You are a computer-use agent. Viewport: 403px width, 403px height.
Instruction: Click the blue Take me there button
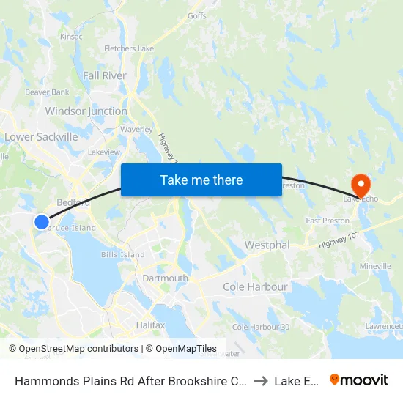coord(202,180)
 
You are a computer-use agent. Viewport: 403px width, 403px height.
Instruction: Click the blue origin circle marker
coord(42,221)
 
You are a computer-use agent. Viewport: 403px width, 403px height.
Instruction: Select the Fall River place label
coord(105,75)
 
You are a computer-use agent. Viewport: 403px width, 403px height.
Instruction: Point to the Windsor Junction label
coord(86,111)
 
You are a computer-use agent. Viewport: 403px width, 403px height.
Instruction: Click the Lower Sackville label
coord(41,137)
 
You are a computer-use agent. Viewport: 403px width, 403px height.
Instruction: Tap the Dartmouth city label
coord(165,278)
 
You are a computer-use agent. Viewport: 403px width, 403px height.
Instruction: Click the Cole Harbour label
coord(255,286)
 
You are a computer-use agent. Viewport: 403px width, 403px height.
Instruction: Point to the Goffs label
coord(197,15)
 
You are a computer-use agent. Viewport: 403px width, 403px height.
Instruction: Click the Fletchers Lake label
coord(129,49)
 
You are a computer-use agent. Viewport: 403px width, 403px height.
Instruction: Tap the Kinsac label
coord(71,36)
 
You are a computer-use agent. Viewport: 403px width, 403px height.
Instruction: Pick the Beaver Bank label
coord(47,92)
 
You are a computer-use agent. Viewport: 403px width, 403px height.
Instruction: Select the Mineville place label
coord(375,267)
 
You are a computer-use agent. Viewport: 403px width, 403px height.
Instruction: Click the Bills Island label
coord(123,254)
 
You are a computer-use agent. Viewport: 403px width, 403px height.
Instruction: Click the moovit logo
coord(359,380)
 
